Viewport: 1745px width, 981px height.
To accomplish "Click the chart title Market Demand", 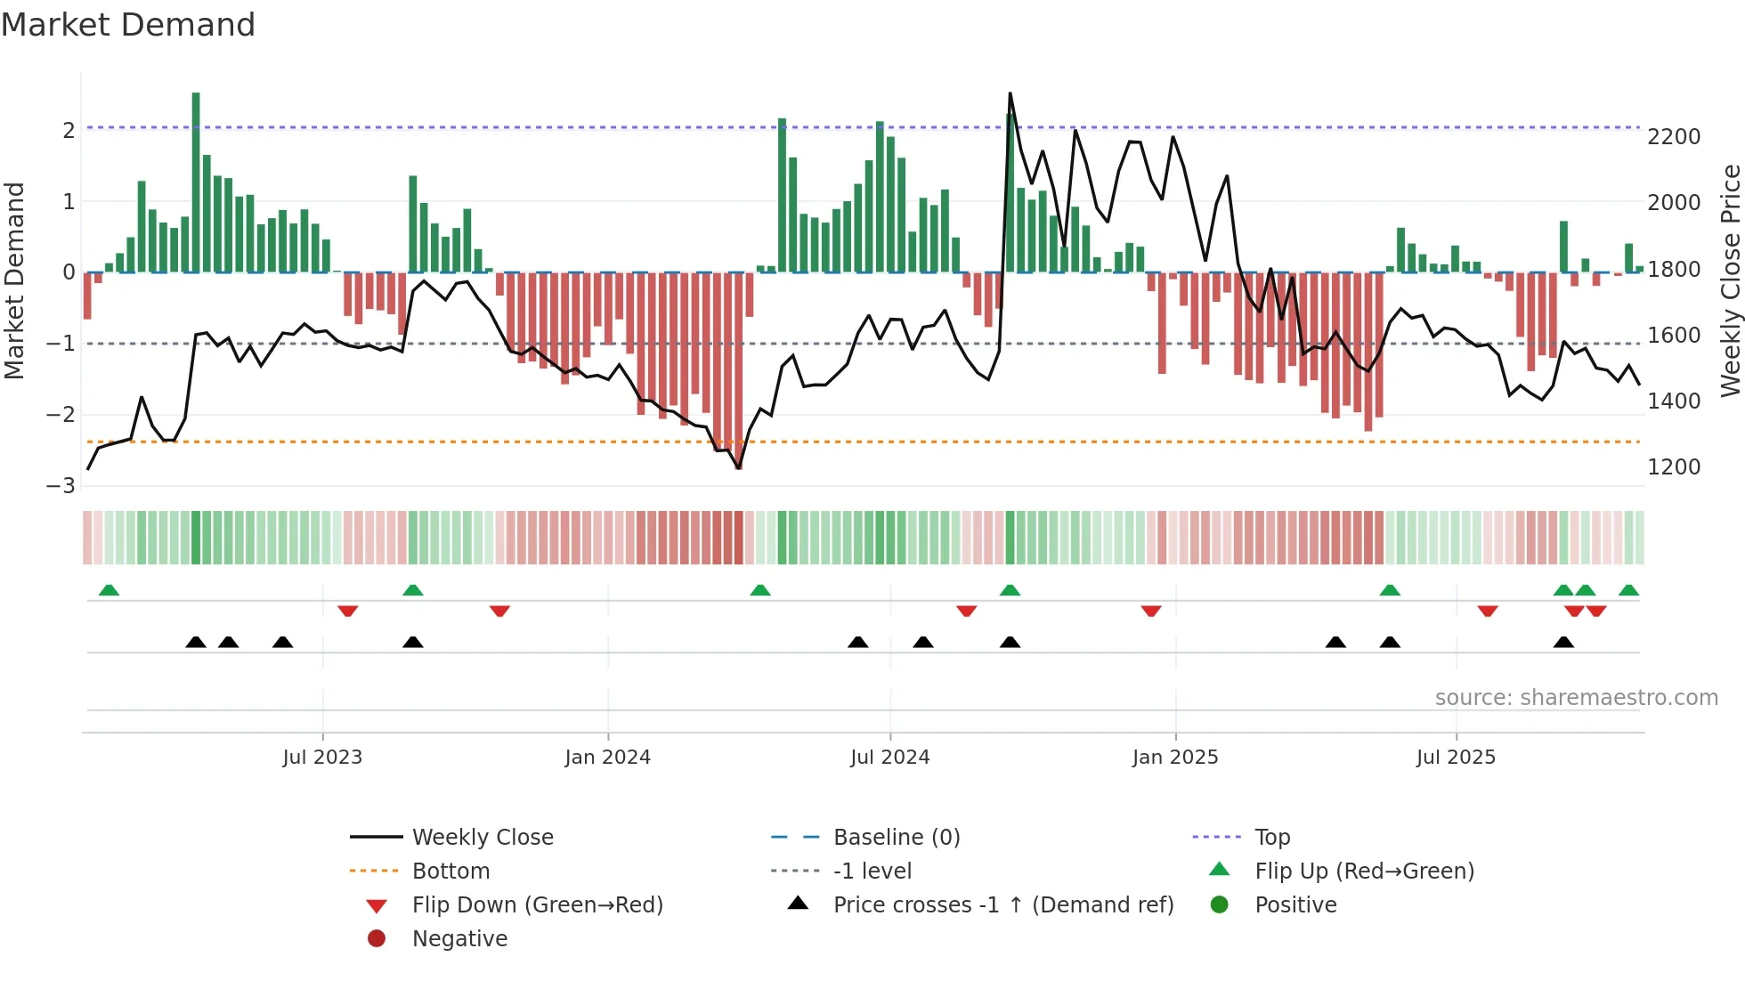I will pyautogui.click(x=128, y=25).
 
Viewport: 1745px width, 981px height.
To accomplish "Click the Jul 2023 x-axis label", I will pyautogui.click(x=322, y=758).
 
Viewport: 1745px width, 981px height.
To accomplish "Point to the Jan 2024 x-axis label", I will pyautogui.click(x=607, y=758).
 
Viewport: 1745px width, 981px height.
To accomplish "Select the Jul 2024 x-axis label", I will pyautogui.click(x=889, y=758).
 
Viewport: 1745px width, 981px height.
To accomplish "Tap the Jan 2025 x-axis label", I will pyautogui.click(x=1174, y=758).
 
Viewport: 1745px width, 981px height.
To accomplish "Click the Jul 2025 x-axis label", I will pyautogui.click(x=1456, y=758).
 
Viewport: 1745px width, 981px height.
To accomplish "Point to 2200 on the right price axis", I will pyautogui.click(x=1673, y=137).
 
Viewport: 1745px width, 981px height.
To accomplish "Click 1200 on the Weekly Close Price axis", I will pyautogui.click(x=1673, y=467).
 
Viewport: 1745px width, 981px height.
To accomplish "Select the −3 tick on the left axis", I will pyautogui.click(x=61, y=486).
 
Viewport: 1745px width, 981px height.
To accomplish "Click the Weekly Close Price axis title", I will pyautogui.click(x=1730, y=280).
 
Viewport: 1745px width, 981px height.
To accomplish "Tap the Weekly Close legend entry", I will pyautogui.click(x=482, y=838).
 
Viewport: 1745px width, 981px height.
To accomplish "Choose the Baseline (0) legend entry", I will pyautogui.click(x=896, y=838).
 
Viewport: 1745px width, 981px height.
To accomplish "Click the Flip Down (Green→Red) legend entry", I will pyautogui.click(x=537, y=905).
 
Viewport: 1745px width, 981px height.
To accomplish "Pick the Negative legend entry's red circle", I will pyautogui.click(x=377, y=939).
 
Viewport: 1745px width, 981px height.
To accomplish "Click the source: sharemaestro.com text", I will pyautogui.click(x=1576, y=698).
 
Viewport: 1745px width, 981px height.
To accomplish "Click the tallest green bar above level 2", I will pyautogui.click(x=196, y=178).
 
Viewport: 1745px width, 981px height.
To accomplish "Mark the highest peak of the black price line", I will pyautogui.click(x=1010, y=93).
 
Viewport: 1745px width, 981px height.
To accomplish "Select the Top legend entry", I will pyautogui.click(x=1271, y=838).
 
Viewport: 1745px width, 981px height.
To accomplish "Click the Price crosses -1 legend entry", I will pyautogui.click(x=1002, y=905).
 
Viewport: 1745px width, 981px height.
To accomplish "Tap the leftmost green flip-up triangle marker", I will pyautogui.click(x=109, y=590).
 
